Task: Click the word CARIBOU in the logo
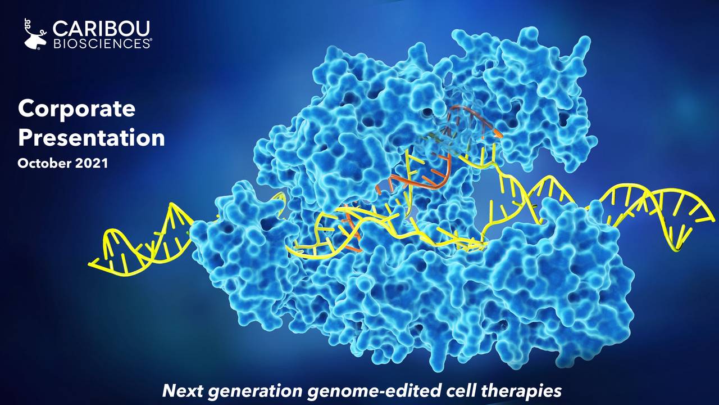101,28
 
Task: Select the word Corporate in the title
76,109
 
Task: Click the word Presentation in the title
91,137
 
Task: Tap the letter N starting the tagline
168,390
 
